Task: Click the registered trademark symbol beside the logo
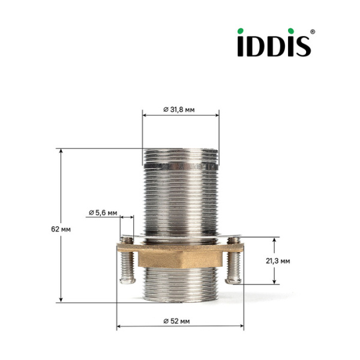312,31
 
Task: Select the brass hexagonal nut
180,256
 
